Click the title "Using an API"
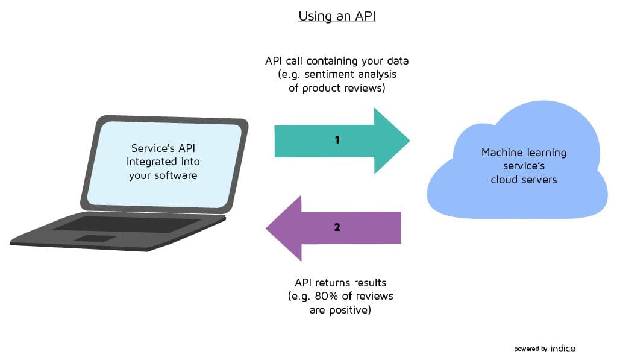tap(337, 16)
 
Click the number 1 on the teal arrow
tap(337, 140)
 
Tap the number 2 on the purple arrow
tap(337, 227)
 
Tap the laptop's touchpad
tap(95, 239)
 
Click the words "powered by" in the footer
tap(530, 349)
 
